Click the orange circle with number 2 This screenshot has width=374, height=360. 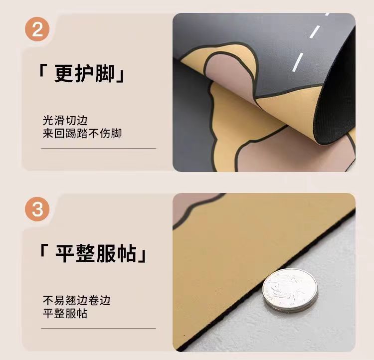point(37,29)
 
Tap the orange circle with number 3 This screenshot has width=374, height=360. point(37,209)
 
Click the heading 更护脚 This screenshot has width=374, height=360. point(85,73)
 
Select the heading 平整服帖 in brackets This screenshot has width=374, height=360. point(93,253)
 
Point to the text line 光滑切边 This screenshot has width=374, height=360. point(65,121)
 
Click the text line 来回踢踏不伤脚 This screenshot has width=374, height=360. point(82,133)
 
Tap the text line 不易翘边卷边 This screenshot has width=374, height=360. point(77,300)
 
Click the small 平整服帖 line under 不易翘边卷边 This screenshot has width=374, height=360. point(65,313)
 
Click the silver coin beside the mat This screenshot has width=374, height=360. point(290,290)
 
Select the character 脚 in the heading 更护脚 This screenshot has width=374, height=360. point(105,73)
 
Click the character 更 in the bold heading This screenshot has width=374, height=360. point(64,73)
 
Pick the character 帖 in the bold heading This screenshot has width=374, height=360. point(127,253)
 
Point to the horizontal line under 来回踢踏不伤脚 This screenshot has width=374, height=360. point(98,149)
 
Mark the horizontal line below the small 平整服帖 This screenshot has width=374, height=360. point(98,329)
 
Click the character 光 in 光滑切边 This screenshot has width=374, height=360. point(48,121)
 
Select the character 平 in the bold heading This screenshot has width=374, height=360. point(65,253)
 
